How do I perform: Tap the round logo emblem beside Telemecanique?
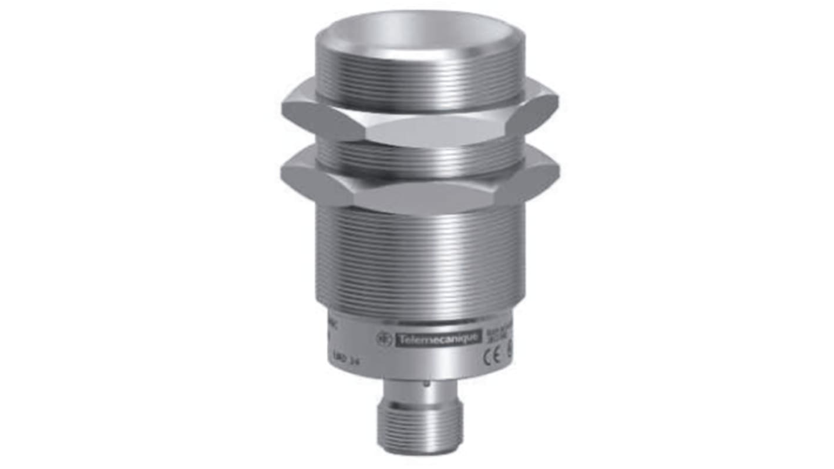pos(384,339)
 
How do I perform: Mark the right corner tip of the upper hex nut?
pos(557,106)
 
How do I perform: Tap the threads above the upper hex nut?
pos(418,85)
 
